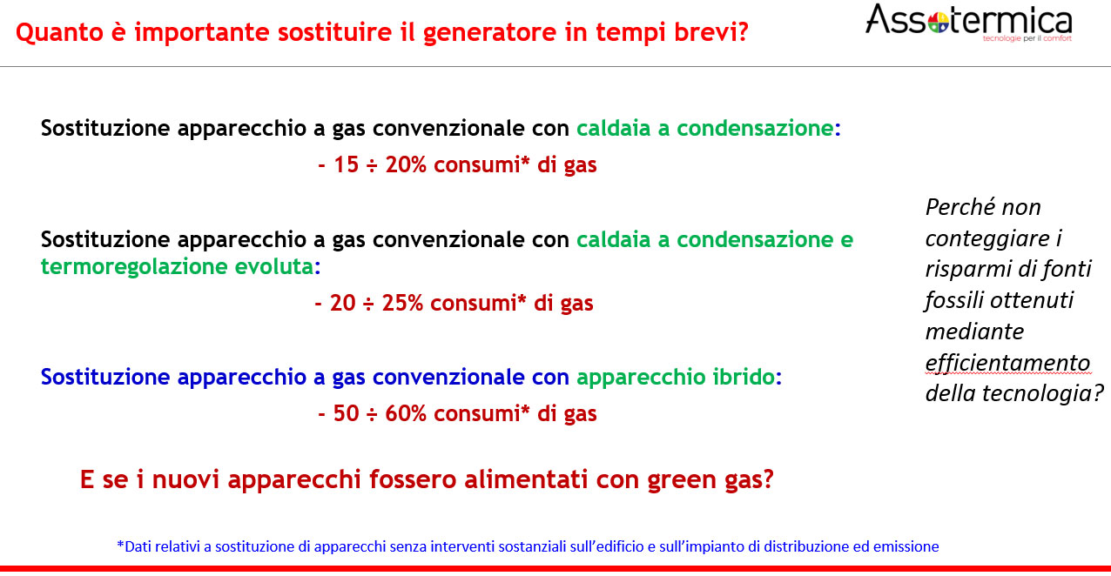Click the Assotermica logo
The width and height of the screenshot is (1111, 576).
click(x=969, y=23)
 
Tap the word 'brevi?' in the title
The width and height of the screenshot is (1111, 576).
click(x=710, y=31)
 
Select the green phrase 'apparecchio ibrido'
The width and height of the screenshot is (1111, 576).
click(x=675, y=378)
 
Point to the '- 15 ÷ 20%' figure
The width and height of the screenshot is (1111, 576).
click(x=372, y=164)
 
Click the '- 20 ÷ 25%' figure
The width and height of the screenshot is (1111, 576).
click(x=369, y=303)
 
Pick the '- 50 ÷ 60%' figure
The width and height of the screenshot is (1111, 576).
click(x=372, y=413)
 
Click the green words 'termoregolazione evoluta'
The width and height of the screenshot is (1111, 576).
click(x=177, y=267)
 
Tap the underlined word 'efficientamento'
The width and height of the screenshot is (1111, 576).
click(x=1008, y=363)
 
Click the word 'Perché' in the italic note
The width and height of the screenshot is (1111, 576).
click(x=960, y=207)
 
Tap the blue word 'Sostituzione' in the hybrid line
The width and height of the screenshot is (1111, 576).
click(x=105, y=377)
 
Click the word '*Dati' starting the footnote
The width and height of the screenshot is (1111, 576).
click(x=133, y=546)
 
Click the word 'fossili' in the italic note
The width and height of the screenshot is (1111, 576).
click(x=953, y=300)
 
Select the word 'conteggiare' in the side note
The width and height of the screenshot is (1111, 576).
click(x=987, y=239)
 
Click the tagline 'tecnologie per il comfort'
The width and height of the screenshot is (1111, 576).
click(x=1027, y=38)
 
